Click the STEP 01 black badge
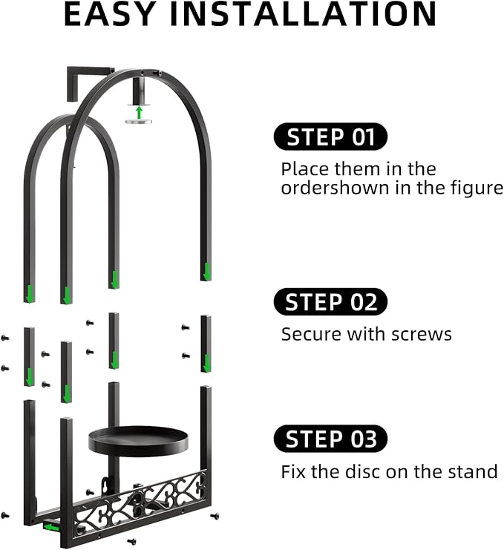(330, 137)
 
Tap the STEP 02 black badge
(330, 301)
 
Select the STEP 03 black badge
(330, 439)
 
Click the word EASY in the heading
(110, 14)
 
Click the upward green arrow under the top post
(140, 113)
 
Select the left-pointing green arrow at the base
(51, 527)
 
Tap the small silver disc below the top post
(139, 122)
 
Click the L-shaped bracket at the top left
(88, 82)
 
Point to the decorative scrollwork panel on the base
(140, 502)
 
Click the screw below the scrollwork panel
(132, 541)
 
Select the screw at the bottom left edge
(5, 515)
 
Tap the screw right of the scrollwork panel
(215, 516)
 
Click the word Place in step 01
(305, 169)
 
